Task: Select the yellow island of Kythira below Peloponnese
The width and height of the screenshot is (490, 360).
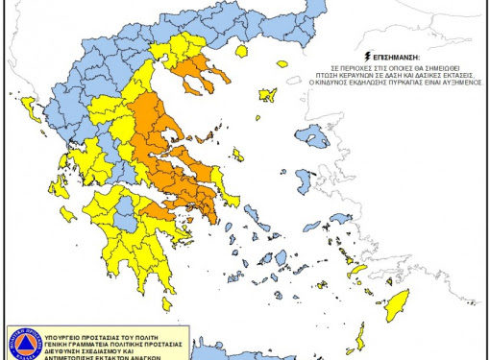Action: (x=168, y=305)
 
